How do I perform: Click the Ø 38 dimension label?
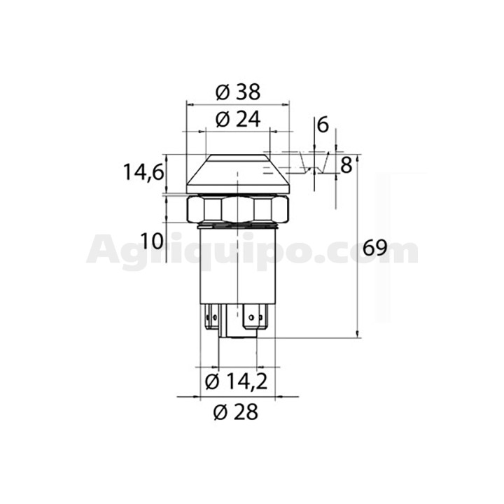click(x=238, y=92)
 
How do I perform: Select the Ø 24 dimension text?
click(x=238, y=120)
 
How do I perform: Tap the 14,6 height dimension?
click(x=143, y=172)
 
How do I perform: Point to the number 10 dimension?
click(x=152, y=241)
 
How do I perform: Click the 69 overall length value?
click(x=374, y=248)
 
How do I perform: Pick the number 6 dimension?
click(x=323, y=125)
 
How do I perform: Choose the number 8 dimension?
click(x=346, y=165)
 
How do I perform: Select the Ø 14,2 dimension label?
click(x=237, y=382)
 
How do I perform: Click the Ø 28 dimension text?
click(x=236, y=412)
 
